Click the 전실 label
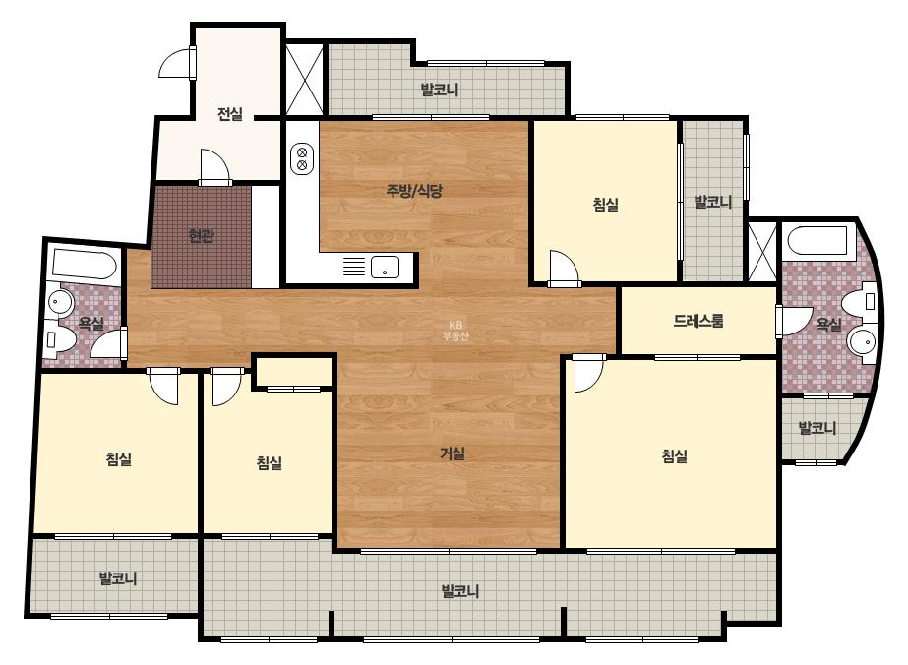click(x=230, y=114)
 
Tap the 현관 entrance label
click(x=202, y=236)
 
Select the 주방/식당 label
click(x=414, y=191)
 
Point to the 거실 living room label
click(x=453, y=453)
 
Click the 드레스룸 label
click(x=698, y=321)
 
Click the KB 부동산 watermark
click(x=455, y=331)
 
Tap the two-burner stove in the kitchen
click(x=302, y=158)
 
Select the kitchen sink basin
click(x=385, y=267)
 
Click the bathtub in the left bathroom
click(x=85, y=265)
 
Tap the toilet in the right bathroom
click(x=859, y=301)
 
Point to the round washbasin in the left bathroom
click(x=60, y=301)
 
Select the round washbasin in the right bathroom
click(x=864, y=341)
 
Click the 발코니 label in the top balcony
click(x=440, y=90)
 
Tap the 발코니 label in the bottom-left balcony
click(x=117, y=578)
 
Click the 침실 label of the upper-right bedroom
click(x=606, y=204)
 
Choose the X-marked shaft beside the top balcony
click(x=305, y=78)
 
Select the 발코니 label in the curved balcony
click(x=817, y=428)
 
